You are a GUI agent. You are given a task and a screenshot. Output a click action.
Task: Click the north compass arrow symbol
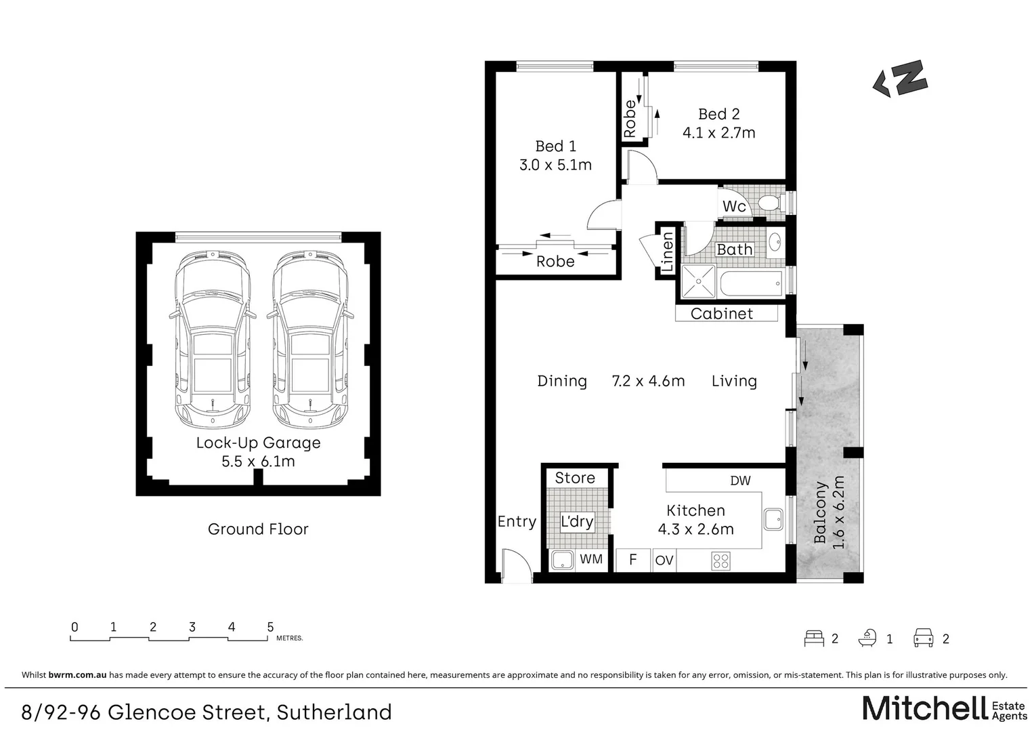tap(900, 79)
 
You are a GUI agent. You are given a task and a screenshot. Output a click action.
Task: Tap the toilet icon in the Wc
tap(770, 202)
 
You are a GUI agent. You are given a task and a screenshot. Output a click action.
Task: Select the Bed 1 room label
tap(555, 146)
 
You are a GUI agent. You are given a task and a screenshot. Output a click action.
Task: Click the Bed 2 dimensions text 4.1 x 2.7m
tap(718, 133)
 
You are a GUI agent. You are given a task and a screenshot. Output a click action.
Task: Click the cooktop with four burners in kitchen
tap(720, 561)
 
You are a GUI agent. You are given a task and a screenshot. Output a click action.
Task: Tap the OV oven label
tap(664, 561)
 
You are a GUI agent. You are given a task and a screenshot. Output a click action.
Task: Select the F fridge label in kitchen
tap(632, 560)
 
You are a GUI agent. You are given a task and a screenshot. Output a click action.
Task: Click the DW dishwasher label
tap(740, 481)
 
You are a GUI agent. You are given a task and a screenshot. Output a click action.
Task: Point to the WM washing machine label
tap(591, 560)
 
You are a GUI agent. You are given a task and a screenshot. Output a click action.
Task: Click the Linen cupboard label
tap(668, 252)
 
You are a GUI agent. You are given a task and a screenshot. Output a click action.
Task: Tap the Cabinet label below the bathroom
tap(721, 314)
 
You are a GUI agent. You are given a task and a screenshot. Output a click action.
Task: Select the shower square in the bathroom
tap(697, 281)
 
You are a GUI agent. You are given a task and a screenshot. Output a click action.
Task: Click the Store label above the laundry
tap(574, 478)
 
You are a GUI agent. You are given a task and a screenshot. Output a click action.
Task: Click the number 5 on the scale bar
tap(270, 627)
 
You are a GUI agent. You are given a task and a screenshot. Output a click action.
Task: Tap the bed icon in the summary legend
tap(814, 638)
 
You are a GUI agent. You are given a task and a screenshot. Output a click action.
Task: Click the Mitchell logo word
tap(924, 708)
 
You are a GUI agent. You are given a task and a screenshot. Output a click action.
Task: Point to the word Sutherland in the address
tap(335, 712)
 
